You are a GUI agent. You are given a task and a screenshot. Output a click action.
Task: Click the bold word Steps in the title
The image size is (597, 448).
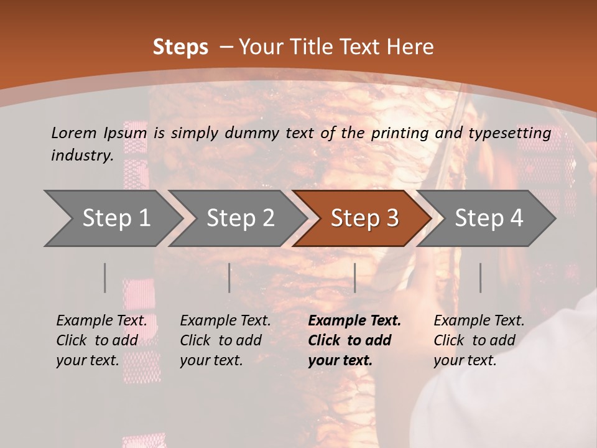coord(180,47)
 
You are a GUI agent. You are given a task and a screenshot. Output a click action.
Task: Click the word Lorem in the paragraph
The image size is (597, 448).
coord(74,133)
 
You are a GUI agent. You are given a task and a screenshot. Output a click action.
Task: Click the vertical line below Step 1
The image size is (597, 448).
coord(105,278)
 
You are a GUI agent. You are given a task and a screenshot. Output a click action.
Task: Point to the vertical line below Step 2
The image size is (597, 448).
coord(229,278)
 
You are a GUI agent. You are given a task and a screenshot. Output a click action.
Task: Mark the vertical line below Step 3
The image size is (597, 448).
coord(354,278)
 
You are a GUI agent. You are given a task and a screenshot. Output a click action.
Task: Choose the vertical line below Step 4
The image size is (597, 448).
coord(480,278)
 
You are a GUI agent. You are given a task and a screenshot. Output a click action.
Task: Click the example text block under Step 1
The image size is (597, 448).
coord(101,340)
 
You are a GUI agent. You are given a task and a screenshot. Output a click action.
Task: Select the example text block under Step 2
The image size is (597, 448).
coord(225,340)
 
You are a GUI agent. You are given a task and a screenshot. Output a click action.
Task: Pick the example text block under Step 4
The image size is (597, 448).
coord(479,340)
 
